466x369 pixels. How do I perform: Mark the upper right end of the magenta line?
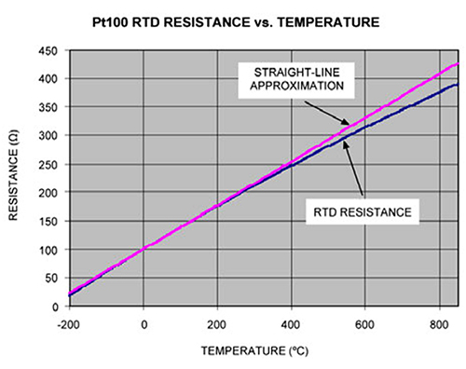(457, 64)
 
